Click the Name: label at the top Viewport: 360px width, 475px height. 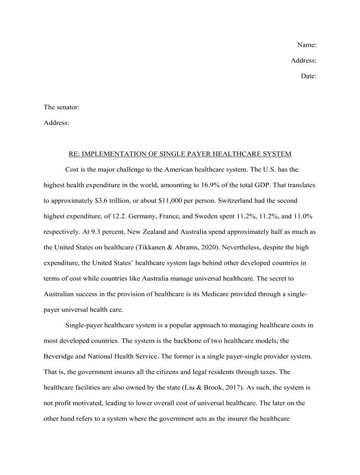(306, 45)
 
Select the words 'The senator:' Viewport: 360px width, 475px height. (62, 107)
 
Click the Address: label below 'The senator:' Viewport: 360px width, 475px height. (57, 123)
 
